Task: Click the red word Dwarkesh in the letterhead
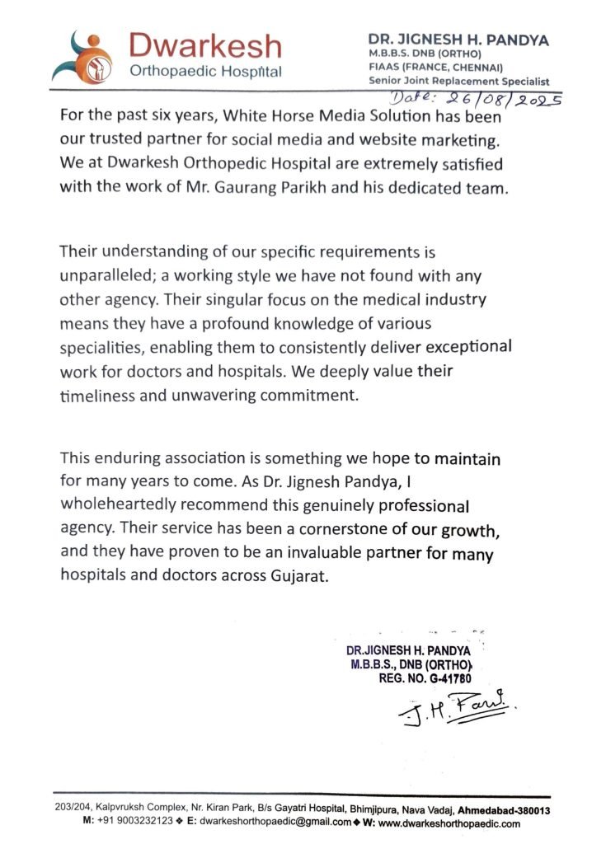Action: click(205, 45)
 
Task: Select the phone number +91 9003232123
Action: click(137, 823)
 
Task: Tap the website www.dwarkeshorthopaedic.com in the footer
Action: click(449, 823)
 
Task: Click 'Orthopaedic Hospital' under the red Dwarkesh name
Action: click(206, 71)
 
